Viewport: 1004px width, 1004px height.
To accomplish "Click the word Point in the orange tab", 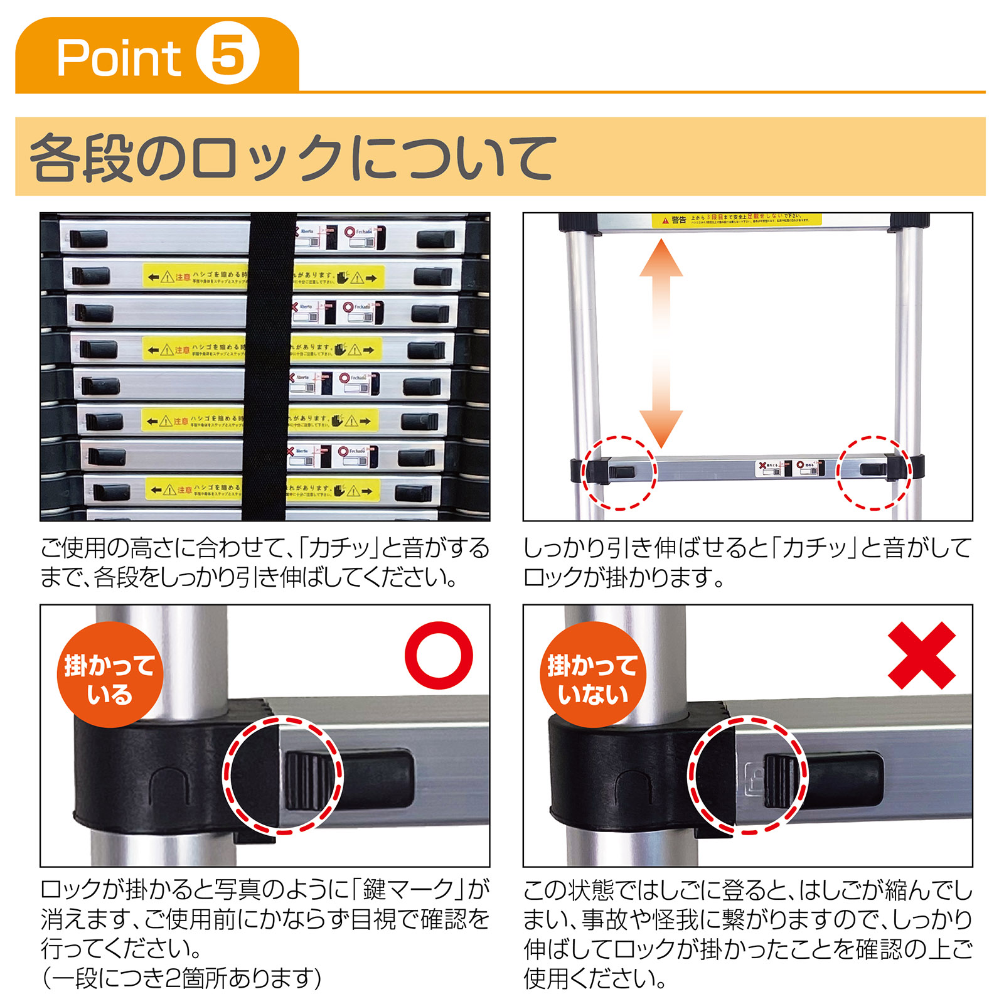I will [x=119, y=58].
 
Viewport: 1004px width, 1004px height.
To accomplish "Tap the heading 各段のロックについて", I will [x=292, y=157].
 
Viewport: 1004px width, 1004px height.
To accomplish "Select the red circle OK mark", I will [x=439, y=655].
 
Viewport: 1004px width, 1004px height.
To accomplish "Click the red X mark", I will [x=921, y=655].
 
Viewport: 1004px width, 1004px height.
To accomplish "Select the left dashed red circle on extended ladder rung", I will [x=619, y=472].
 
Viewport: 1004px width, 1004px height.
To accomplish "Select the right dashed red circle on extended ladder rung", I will [x=874, y=472].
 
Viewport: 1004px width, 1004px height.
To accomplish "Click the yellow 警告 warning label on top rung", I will [x=735, y=220].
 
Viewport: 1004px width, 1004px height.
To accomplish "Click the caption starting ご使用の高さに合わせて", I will [x=264, y=562].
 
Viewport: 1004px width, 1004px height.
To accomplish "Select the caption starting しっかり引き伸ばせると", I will [x=747, y=562].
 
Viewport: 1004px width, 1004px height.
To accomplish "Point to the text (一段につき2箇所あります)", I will [x=182, y=978].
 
